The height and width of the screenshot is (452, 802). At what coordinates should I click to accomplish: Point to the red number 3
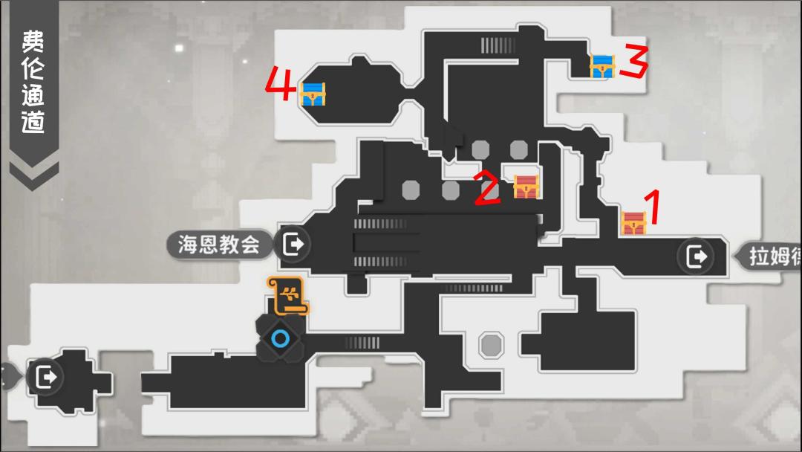pos(633,62)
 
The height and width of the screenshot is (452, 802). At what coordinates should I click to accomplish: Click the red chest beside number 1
pos(633,223)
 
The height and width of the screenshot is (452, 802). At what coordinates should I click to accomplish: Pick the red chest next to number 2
pos(526,186)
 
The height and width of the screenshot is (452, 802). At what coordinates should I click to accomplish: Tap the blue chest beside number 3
pos(602,66)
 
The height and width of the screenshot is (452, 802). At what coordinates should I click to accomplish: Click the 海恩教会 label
pos(219,244)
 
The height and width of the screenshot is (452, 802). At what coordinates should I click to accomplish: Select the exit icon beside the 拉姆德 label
pos(697,257)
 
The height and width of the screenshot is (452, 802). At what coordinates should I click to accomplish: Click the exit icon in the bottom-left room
pos(45,377)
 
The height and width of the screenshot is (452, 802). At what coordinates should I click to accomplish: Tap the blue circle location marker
pos(280,340)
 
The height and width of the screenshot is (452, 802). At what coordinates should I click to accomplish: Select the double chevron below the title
pos(33,174)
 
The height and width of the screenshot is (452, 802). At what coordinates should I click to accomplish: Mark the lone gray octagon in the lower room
pos(490,344)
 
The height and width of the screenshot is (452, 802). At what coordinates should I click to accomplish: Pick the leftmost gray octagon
pos(411,190)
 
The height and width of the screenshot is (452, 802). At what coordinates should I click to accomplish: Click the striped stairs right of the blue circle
pos(362,342)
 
